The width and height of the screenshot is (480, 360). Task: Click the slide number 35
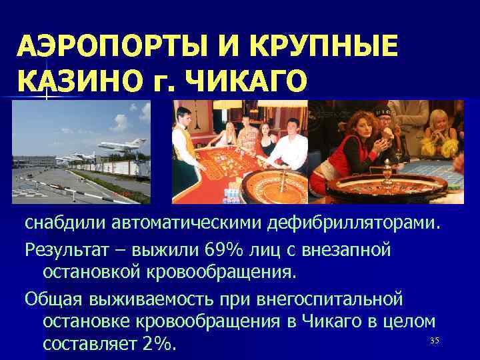tap(435, 341)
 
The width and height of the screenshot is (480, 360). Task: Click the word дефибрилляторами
tap(353, 221)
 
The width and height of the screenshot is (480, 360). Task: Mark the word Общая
tap(53, 297)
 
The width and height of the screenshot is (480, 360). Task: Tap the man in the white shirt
tap(291, 143)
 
